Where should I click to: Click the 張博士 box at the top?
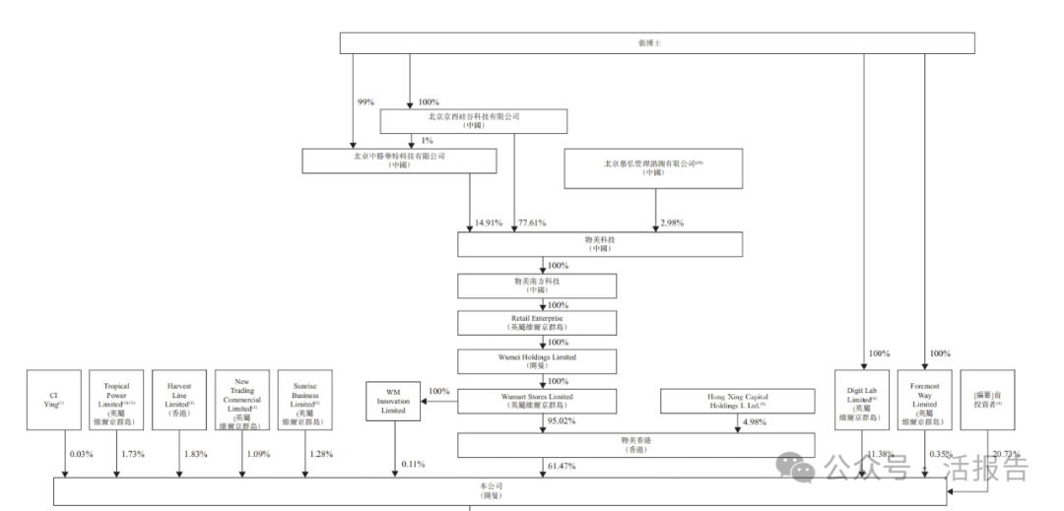(x=657, y=43)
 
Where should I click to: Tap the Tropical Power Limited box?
(x=115, y=399)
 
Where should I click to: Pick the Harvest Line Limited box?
(x=179, y=399)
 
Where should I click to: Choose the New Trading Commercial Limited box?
(x=242, y=399)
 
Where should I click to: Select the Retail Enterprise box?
(x=537, y=322)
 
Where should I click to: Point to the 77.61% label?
(x=534, y=224)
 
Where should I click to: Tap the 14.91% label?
(x=488, y=224)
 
